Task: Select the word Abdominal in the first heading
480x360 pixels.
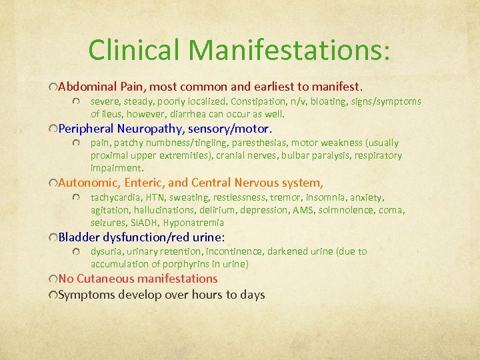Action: [85, 87]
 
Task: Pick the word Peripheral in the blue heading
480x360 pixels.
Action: [86, 128]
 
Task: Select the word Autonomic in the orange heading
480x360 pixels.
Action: [85, 183]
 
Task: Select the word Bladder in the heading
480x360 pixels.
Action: [78, 237]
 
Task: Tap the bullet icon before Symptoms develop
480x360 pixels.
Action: [53, 295]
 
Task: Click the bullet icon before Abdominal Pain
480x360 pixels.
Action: [53, 87]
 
